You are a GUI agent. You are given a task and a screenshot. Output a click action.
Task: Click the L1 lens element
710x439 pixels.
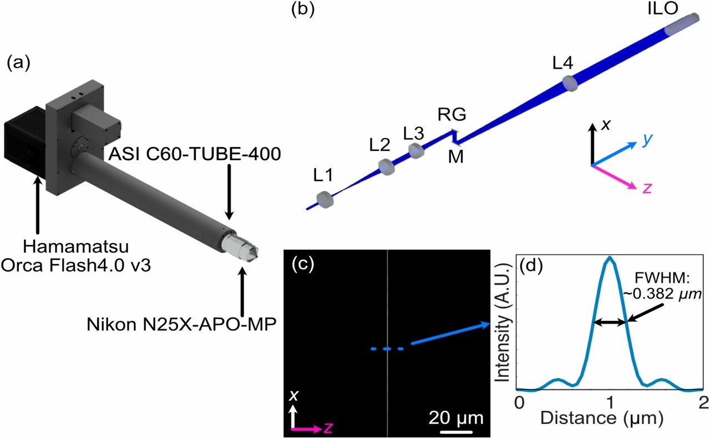point(325,200)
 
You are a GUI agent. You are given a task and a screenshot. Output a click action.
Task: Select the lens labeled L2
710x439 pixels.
point(387,166)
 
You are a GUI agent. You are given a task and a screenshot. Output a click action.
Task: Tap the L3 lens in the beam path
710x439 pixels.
point(416,150)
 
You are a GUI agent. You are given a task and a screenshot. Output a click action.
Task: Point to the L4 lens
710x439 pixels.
point(570,83)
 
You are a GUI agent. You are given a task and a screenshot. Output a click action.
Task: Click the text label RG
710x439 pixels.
point(452,114)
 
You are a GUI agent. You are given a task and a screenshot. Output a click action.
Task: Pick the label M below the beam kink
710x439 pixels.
point(456,157)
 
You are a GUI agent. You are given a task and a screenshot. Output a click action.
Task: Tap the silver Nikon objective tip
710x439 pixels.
point(240,249)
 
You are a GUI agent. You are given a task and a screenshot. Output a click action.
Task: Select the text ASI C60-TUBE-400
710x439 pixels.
point(195,154)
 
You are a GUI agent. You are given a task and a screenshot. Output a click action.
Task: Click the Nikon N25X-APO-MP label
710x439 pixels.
point(181,324)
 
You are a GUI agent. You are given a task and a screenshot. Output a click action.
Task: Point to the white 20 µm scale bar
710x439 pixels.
point(456,432)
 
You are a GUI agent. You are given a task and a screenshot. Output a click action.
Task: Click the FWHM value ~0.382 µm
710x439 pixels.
point(662,294)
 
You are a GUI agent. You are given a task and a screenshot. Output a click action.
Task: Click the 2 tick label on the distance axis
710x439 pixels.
point(703,403)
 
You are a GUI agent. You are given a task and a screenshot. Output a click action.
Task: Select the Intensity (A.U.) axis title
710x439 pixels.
point(503,324)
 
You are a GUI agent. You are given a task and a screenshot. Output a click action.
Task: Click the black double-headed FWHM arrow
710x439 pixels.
point(609,322)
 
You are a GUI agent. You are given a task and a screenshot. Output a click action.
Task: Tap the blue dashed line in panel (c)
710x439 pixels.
point(387,349)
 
